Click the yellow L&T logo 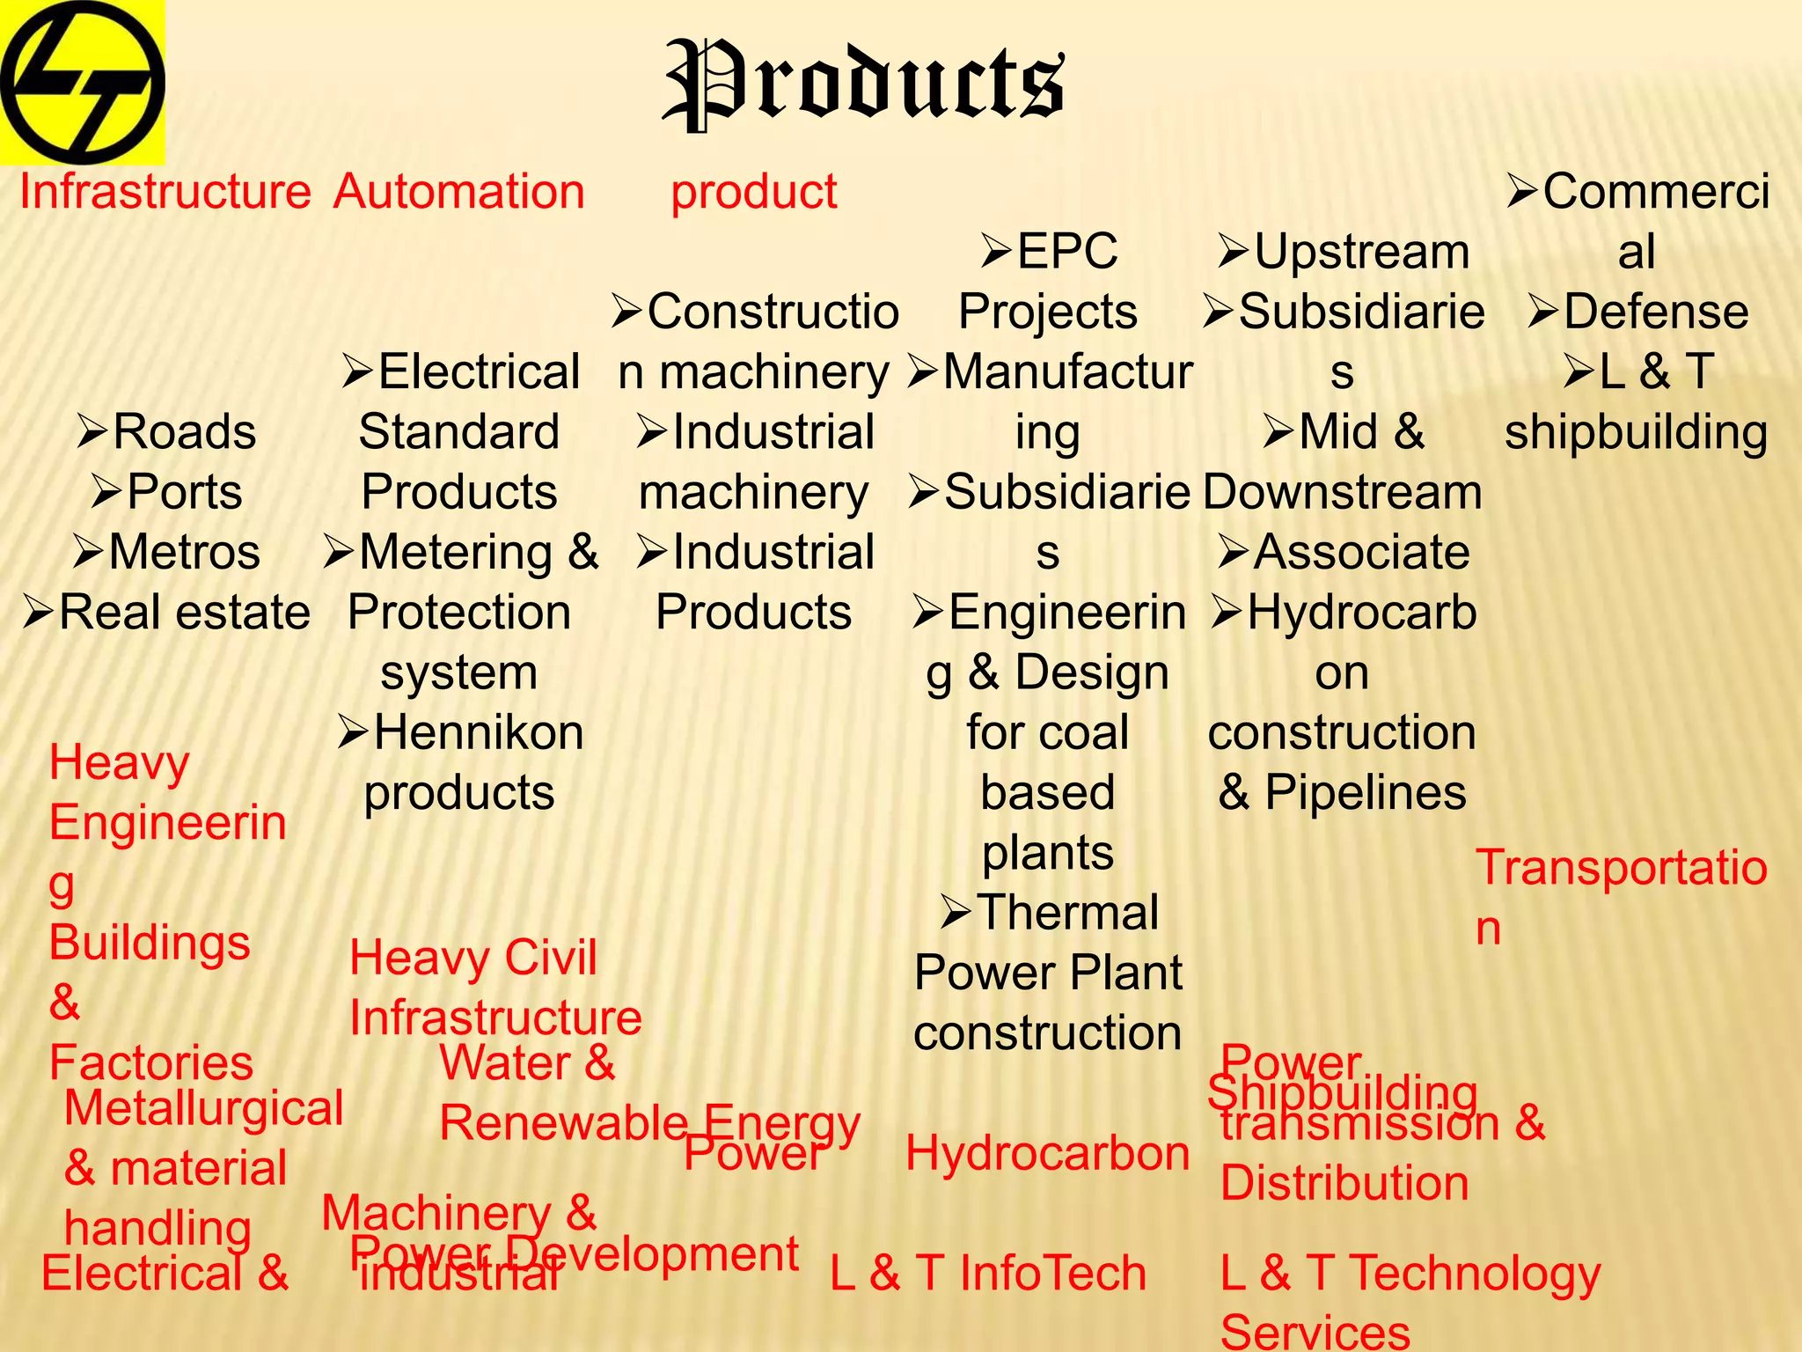pos(82,82)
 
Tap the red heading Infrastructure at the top pos(165,192)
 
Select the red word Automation pos(458,192)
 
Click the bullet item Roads pos(184,432)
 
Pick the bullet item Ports pos(184,492)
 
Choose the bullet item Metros pos(184,553)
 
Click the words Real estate pos(184,613)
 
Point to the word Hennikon pos(478,732)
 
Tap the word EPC pos(1066,252)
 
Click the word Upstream pos(1361,252)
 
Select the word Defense pos(1655,312)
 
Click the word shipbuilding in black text pos(1636,432)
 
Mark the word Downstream pos(1342,492)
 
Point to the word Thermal pos(1067,913)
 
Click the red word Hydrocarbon pos(1047,1153)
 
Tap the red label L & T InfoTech pos(988,1274)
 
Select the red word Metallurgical pos(203,1108)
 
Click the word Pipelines pos(1365,792)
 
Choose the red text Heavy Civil pos(473,958)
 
